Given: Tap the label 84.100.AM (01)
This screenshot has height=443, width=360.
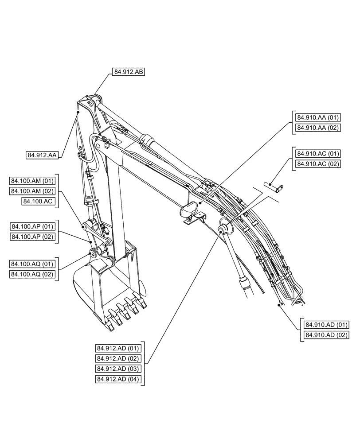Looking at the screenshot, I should point(32,181).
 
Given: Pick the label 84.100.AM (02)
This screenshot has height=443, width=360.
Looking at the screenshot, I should point(32,191).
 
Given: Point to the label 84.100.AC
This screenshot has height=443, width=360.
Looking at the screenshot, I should point(38,201).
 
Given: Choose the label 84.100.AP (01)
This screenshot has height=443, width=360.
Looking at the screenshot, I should point(32,226).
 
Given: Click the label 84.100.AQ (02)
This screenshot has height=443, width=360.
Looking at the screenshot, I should point(32,275).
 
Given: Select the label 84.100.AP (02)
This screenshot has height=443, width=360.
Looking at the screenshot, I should point(32,237).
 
